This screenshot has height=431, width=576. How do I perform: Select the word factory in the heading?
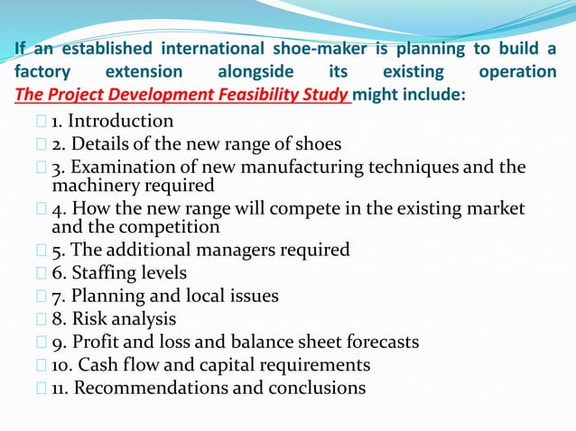pyautogui.click(x=39, y=71)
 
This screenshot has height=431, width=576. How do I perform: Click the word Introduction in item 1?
pyautogui.click(x=121, y=121)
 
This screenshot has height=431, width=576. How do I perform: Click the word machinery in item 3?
pyautogui.click(x=91, y=185)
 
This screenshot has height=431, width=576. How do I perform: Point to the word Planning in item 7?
pyautogui.click(x=105, y=296)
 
